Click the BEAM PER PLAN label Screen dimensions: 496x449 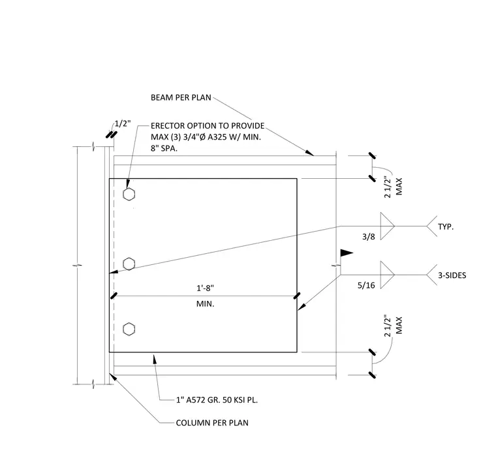point(181,97)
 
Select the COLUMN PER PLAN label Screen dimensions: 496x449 point(212,423)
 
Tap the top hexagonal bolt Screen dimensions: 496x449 point(129,194)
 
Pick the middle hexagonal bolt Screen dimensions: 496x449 point(129,264)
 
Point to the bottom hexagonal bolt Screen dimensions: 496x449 point(129,329)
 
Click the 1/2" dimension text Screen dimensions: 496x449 point(123,123)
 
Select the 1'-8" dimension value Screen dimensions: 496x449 point(206,288)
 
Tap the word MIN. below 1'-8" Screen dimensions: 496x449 point(206,303)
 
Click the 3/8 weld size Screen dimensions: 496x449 point(369,237)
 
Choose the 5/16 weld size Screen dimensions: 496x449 point(366,285)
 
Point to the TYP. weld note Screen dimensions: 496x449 point(446,227)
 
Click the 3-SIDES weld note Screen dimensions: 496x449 point(452,275)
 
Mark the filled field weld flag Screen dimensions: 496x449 point(347,253)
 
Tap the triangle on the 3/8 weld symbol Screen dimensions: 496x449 point(386,226)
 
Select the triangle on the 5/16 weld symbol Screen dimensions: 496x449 point(386,275)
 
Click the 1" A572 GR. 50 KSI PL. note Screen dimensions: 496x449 point(217,400)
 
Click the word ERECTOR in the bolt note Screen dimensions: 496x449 point(168,126)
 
